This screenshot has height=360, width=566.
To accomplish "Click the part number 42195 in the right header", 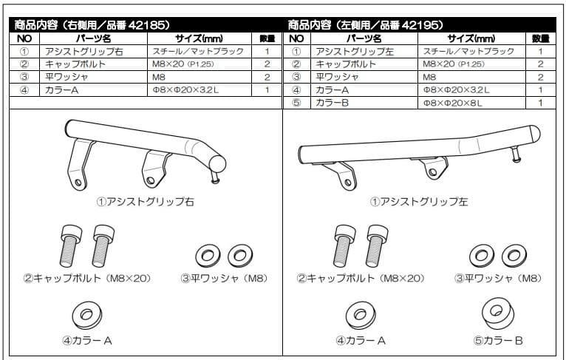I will tap(424, 24).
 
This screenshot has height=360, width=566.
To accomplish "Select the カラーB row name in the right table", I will tap(336, 102).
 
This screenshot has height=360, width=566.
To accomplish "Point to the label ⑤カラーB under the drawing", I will tap(498, 341).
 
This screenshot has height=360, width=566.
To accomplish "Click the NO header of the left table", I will tap(24, 38).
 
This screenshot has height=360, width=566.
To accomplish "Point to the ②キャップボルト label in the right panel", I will tap(361, 279).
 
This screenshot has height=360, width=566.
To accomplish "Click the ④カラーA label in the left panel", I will tap(87, 341).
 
